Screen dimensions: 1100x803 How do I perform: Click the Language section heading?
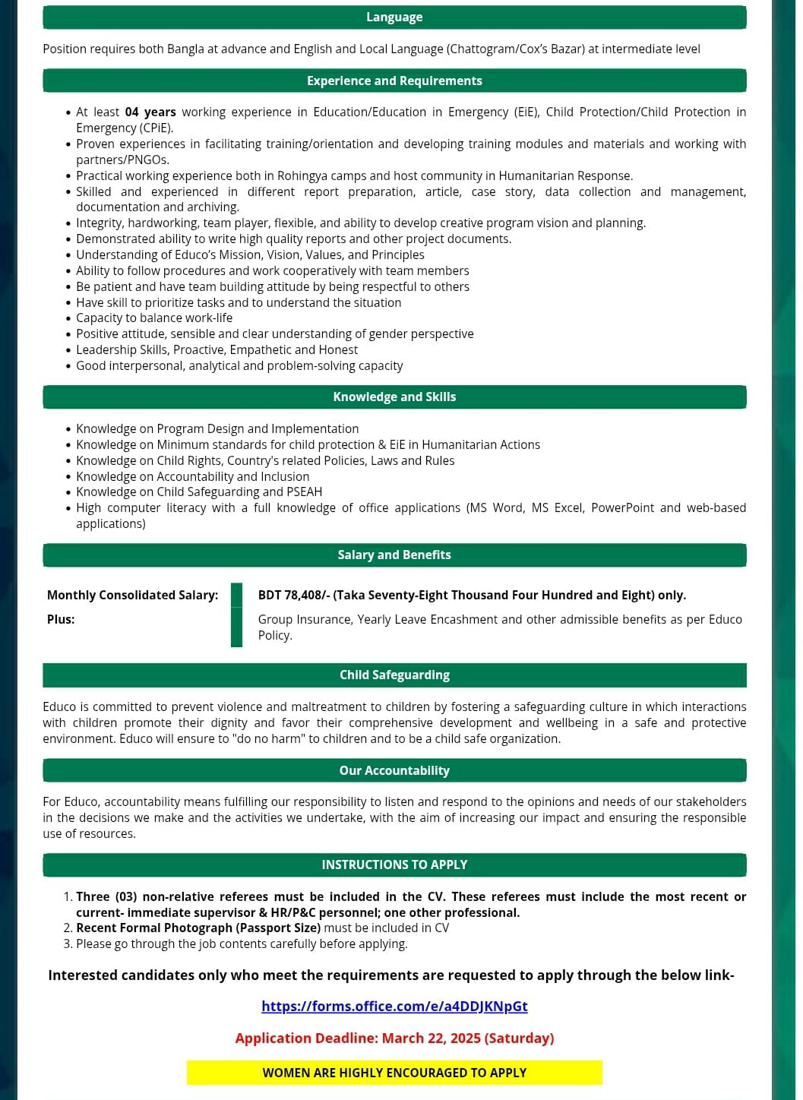point(394,17)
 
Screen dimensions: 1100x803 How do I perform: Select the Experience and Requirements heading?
point(394,81)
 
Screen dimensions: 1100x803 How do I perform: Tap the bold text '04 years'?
point(150,112)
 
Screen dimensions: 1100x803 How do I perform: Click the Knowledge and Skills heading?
point(394,397)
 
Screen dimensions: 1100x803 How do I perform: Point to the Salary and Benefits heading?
point(394,555)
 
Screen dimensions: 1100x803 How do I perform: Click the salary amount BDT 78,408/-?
point(294,595)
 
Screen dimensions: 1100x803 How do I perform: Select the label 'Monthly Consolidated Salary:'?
point(132,595)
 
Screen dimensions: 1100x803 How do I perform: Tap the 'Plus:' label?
point(61,619)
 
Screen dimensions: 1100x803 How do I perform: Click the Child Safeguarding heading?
point(394,675)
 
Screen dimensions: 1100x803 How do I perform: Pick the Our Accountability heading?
point(394,770)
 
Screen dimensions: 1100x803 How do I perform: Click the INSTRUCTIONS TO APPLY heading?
point(394,865)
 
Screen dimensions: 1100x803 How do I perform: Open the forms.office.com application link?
point(394,1006)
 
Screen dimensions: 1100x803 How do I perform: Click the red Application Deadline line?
point(394,1038)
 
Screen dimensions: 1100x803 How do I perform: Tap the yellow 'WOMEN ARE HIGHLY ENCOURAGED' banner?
point(394,1073)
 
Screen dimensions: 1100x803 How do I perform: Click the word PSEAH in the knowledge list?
point(305,492)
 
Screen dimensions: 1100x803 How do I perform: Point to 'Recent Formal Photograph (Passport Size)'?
point(198,928)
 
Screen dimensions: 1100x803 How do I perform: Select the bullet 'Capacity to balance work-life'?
point(154,318)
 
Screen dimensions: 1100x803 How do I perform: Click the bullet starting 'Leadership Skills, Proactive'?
point(217,349)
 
